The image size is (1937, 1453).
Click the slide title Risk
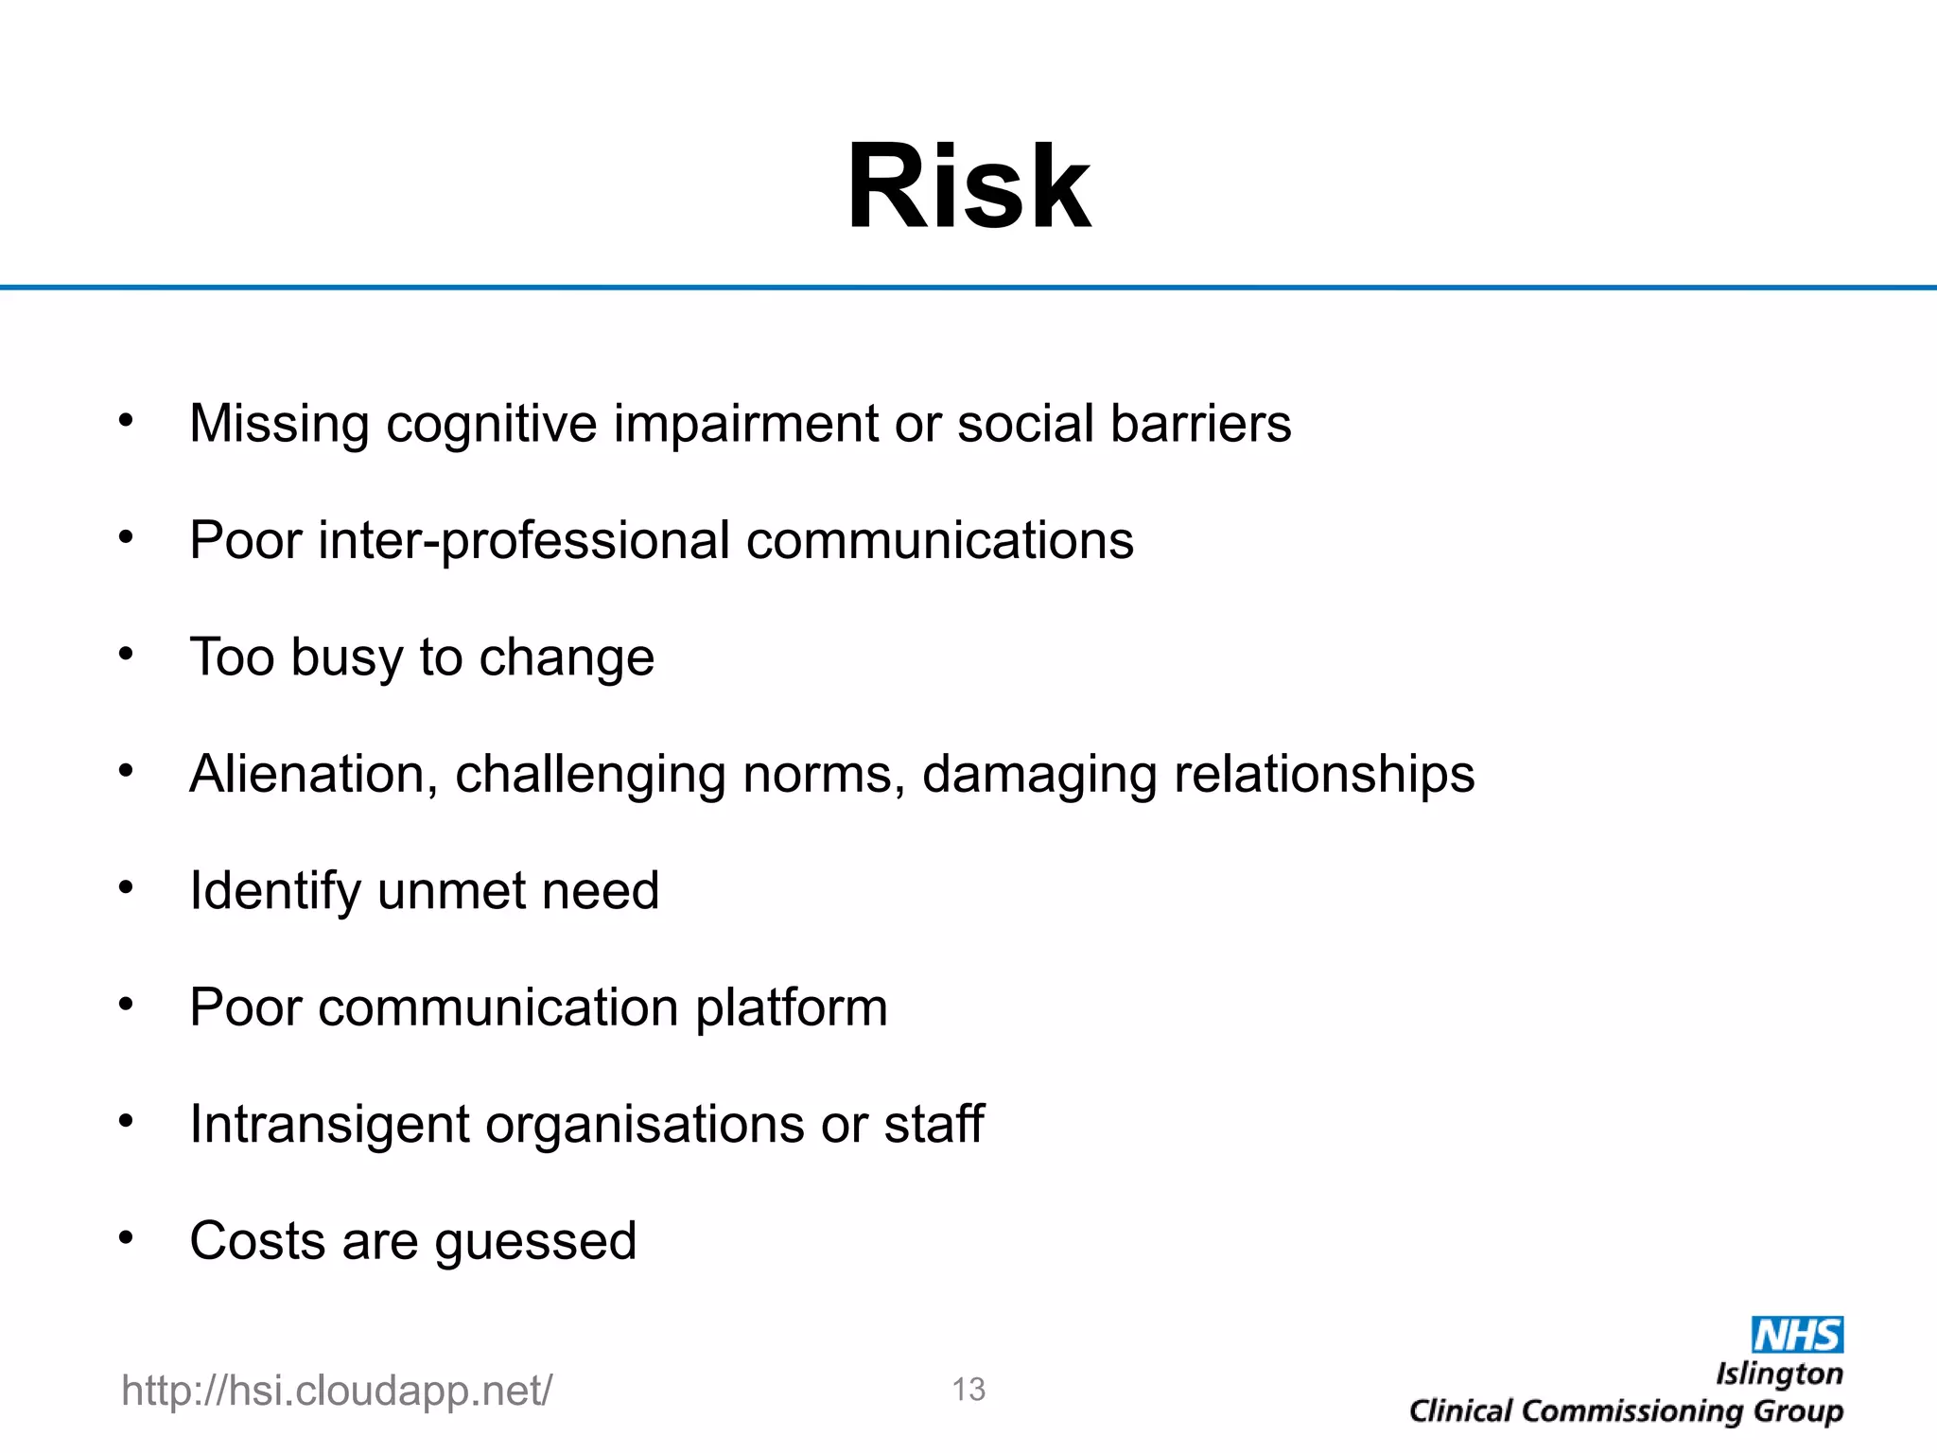pyautogui.click(x=968, y=186)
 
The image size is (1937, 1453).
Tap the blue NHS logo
pyautogui.click(x=1797, y=1335)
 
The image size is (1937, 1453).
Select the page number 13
pyautogui.click(x=968, y=1390)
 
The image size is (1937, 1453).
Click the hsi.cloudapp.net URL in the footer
pyautogui.click(x=337, y=1391)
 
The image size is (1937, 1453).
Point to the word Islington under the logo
pyautogui.click(x=1779, y=1374)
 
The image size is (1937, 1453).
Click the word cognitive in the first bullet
pyautogui.click(x=491, y=424)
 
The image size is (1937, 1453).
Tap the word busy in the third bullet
pyautogui.click(x=346, y=658)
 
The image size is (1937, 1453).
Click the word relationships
pyautogui.click(x=1324, y=774)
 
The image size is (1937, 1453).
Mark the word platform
pyautogui.click(x=792, y=1007)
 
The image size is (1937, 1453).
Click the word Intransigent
pyautogui.click(x=329, y=1125)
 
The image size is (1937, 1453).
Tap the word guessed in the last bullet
pyautogui.click(x=535, y=1242)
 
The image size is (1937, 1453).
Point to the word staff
pyautogui.click(x=934, y=1124)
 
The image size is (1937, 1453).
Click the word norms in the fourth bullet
pyautogui.click(x=817, y=774)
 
